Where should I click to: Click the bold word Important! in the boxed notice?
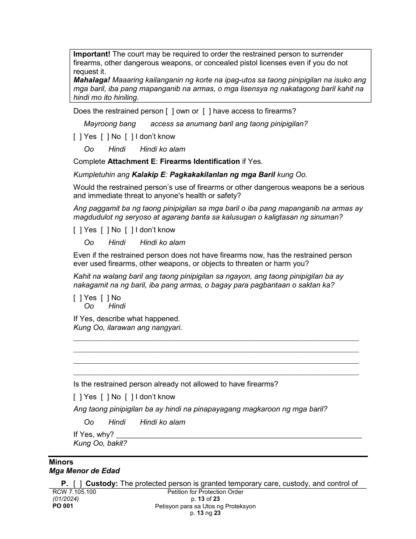(92, 54)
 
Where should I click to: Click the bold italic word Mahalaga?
(92, 80)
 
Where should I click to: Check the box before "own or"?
(169, 111)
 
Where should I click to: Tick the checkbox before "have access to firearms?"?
(206, 111)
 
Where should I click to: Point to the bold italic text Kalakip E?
(148, 174)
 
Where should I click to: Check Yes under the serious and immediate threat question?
(77, 230)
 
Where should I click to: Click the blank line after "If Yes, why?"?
(239, 435)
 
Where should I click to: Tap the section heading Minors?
(61, 462)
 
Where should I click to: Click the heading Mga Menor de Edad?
(84, 471)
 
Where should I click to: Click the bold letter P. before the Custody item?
(65, 484)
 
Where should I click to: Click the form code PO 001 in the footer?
(63, 506)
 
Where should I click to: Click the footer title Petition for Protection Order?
(205, 492)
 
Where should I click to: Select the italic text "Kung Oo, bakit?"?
(100, 443)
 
